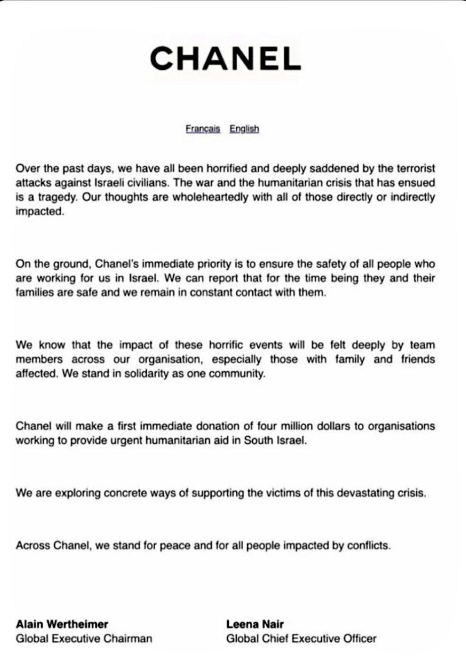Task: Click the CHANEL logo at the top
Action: (225, 59)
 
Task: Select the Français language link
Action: (203, 129)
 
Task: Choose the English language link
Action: (244, 129)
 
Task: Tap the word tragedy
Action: (49, 197)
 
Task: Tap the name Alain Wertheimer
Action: (62, 624)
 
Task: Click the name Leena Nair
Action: (255, 624)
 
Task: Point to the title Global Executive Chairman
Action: (84, 638)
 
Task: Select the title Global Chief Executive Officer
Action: (301, 638)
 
